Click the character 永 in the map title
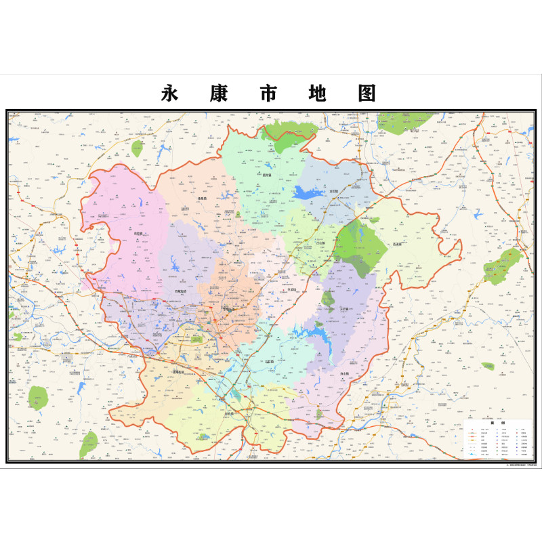[170, 93]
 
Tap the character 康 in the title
[221, 93]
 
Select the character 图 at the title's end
[367, 93]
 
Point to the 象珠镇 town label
[201, 199]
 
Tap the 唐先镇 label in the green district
[257, 174]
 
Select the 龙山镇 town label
[333, 192]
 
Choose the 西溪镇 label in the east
[397, 243]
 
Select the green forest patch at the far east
[503, 266]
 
